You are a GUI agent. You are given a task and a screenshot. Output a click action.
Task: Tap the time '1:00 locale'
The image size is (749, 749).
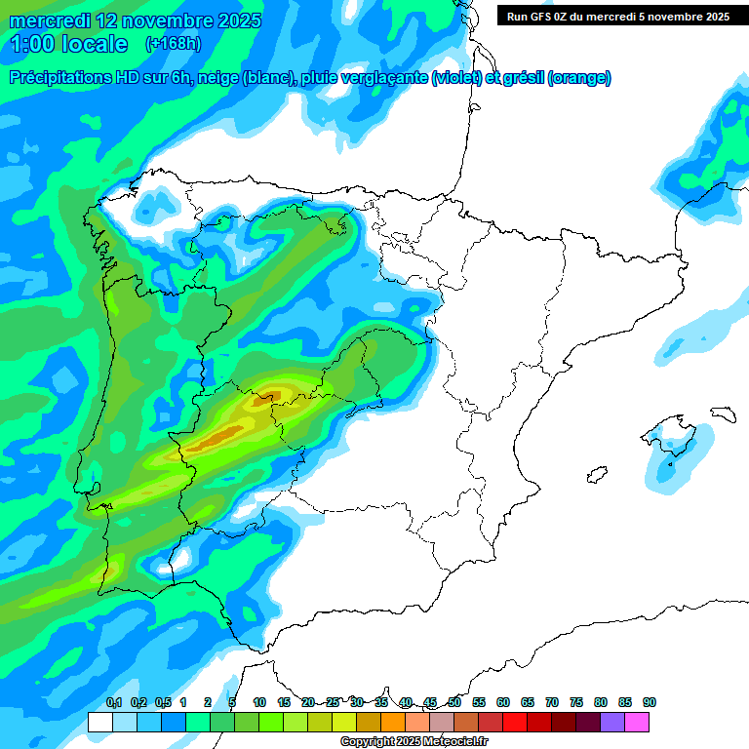click(x=69, y=43)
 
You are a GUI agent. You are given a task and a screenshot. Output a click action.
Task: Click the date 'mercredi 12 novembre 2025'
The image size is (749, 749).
click(x=136, y=20)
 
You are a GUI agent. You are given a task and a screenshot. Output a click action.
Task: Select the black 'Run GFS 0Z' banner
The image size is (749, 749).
click(x=618, y=16)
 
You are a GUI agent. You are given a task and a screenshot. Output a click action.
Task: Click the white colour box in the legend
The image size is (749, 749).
click(x=99, y=722)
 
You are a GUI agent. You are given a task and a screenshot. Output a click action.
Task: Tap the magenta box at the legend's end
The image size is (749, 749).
click(x=637, y=722)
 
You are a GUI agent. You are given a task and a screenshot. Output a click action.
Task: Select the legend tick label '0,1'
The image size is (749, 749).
click(x=113, y=702)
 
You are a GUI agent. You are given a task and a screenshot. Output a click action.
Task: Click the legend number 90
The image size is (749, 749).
click(x=650, y=702)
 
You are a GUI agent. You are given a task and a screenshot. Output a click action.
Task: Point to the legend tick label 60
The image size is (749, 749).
click(x=503, y=702)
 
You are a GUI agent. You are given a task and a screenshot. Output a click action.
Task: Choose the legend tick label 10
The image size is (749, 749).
click(x=259, y=702)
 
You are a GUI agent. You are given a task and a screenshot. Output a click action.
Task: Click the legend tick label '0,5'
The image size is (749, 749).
click(x=162, y=702)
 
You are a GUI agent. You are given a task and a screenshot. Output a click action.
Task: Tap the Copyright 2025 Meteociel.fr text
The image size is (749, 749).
click(x=414, y=741)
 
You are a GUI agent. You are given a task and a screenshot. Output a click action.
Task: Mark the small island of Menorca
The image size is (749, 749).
click(x=722, y=413)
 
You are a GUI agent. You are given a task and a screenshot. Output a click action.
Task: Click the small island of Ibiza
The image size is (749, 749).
click(x=594, y=475)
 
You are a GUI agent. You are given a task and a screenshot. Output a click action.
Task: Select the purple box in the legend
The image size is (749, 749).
click(x=612, y=722)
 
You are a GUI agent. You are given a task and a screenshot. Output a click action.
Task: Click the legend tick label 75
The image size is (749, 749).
click(x=576, y=702)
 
